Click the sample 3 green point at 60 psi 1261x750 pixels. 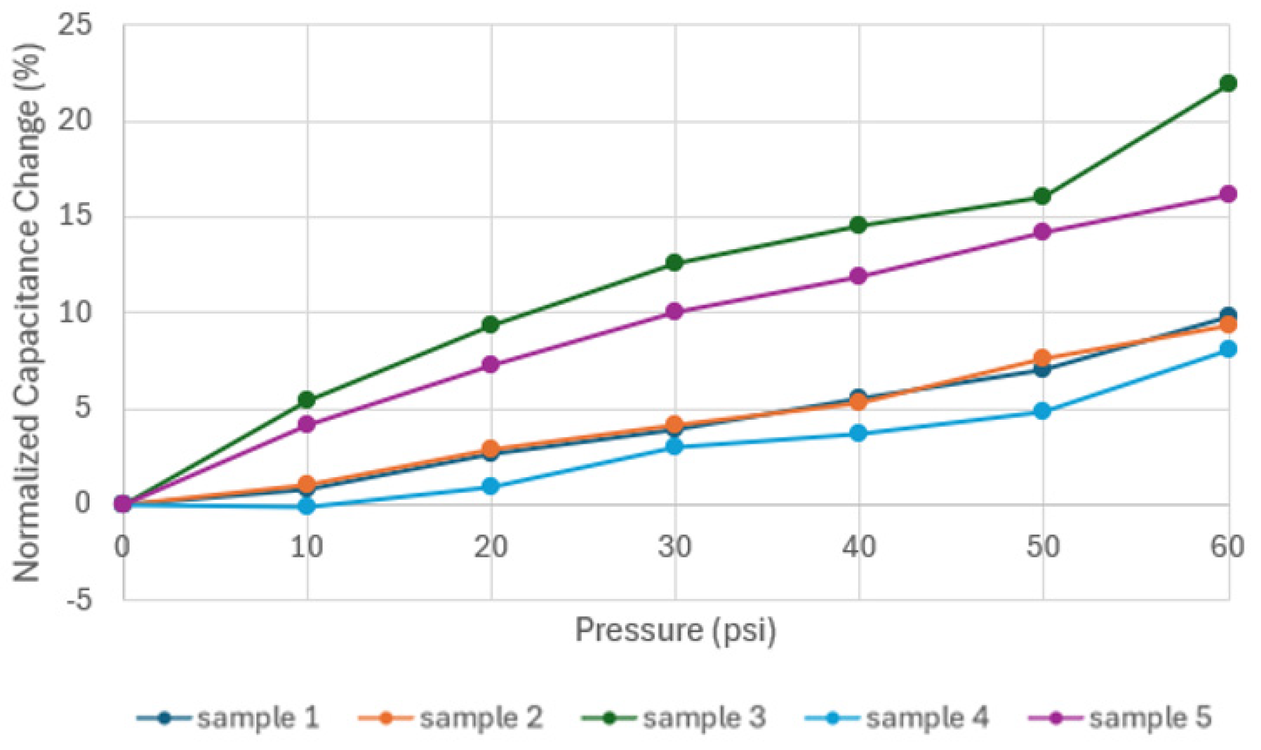click(1228, 83)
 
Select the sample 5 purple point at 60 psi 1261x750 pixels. click(1228, 194)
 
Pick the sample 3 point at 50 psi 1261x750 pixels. click(1043, 196)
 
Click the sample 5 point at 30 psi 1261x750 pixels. click(675, 312)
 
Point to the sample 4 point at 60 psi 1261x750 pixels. click(1228, 349)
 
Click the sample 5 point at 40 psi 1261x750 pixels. click(859, 276)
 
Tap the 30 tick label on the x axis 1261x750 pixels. click(675, 547)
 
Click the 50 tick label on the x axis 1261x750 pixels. click(1043, 547)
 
